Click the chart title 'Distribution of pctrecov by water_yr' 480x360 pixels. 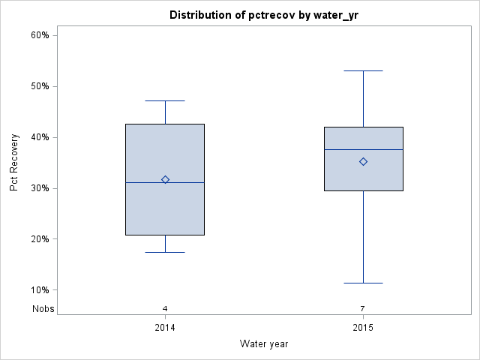coord(264,15)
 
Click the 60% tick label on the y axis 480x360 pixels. coord(40,35)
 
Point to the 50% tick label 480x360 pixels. coord(40,86)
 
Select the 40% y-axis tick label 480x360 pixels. coord(40,137)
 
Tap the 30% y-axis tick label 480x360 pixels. coord(40,188)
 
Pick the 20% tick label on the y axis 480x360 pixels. coord(40,239)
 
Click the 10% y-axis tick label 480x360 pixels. coord(40,290)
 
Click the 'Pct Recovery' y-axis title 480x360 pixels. coord(15,163)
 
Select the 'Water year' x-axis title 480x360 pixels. coord(264,344)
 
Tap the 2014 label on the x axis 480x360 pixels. coord(165,328)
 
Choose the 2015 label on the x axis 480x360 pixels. coord(363,328)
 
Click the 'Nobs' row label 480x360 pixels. coord(43,308)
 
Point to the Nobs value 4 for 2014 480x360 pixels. coord(165,308)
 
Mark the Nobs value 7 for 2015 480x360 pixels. coord(363,308)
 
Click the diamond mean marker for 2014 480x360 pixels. coord(165,179)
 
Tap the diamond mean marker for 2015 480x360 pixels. coord(363,161)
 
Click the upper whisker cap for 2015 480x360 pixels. coord(363,70)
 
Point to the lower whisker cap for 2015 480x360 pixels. coord(363,283)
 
